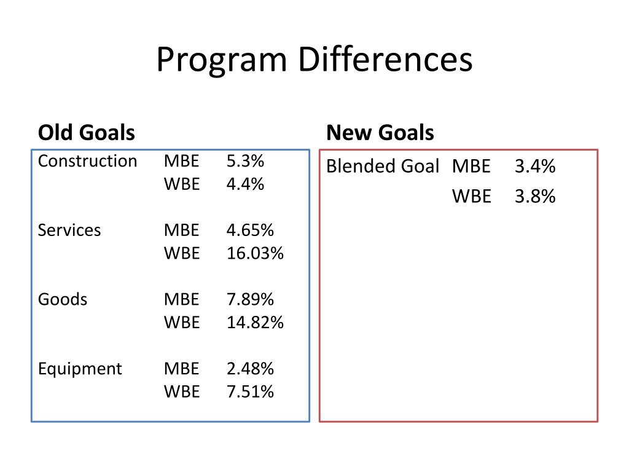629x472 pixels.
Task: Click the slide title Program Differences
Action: (314, 61)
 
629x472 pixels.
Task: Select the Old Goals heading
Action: (87, 132)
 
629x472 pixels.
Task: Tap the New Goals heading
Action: (380, 132)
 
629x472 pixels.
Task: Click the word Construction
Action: (87, 161)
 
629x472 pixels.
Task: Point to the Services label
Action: (69, 230)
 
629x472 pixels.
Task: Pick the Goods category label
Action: (63, 299)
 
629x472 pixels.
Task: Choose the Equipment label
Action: (80, 369)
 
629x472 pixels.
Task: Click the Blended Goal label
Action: (383, 167)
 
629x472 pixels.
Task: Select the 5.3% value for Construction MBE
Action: (245, 161)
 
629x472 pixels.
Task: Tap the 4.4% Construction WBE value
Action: (245, 184)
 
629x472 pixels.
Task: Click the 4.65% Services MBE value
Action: (250, 230)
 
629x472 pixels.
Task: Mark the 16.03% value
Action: (255, 253)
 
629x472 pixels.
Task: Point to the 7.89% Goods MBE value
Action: (250, 299)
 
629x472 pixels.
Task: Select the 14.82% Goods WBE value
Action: (255, 322)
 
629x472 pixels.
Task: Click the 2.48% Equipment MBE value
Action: (250, 369)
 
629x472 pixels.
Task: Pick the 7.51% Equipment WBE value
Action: (250, 391)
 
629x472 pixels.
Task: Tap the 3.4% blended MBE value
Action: (535, 167)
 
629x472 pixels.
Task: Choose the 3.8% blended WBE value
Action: (535, 196)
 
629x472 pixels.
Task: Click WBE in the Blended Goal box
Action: (472, 196)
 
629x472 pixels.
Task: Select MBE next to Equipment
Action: (181, 369)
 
